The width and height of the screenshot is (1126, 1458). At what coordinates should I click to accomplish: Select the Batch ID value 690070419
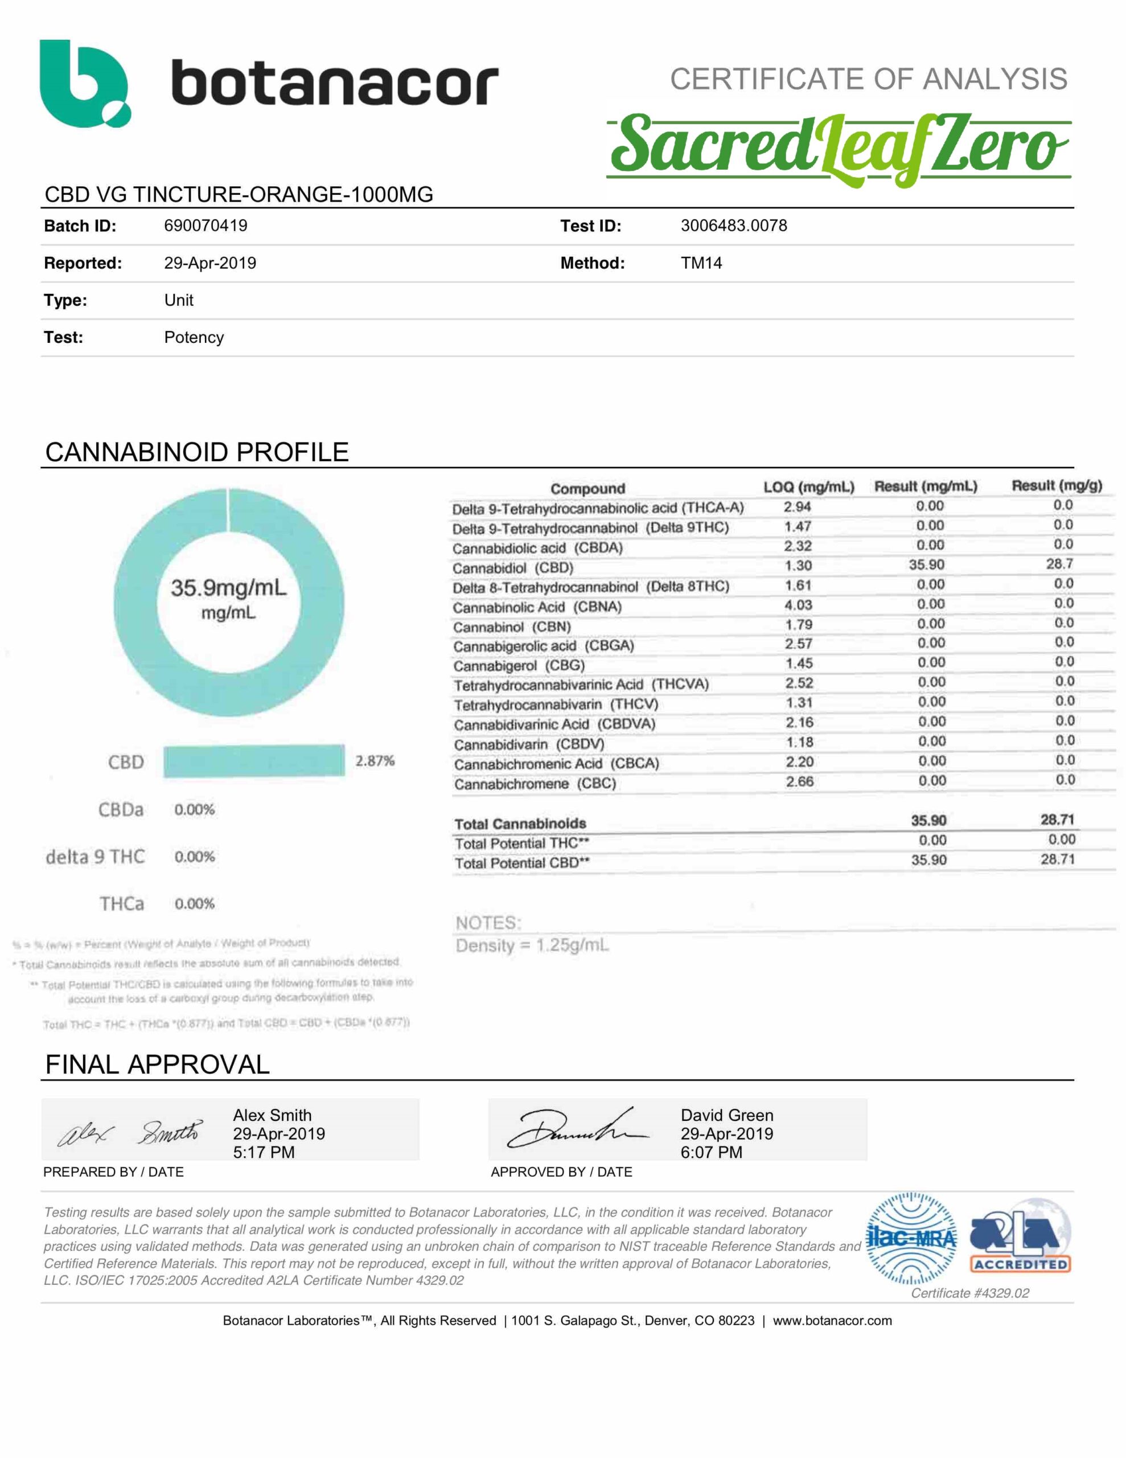(206, 226)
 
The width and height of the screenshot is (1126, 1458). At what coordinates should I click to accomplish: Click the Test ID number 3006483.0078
(734, 226)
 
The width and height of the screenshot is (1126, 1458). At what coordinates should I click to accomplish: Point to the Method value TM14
(701, 263)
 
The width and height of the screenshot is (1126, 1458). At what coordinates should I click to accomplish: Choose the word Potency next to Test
(194, 337)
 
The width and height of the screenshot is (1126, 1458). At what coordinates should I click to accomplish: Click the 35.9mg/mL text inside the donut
(228, 588)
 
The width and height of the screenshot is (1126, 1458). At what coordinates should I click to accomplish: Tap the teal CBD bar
(254, 761)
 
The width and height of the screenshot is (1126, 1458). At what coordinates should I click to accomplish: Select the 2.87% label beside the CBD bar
(375, 761)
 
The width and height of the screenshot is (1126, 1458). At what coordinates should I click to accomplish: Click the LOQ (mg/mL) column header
(808, 487)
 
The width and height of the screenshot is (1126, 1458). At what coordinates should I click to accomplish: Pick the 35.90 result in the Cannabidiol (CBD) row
(926, 565)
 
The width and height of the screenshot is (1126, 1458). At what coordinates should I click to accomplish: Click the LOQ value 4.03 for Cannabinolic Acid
(798, 605)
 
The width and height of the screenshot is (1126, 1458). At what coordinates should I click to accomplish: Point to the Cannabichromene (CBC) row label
(535, 783)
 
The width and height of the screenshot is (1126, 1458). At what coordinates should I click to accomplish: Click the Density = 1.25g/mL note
(532, 945)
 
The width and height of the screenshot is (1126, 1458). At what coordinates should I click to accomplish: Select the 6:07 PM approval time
(711, 1152)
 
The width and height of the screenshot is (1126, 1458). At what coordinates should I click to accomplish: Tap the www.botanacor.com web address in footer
(832, 1321)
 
